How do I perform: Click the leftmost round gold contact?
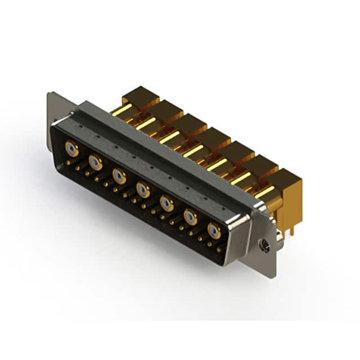71,148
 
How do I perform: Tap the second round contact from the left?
96,163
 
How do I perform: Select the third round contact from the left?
119,176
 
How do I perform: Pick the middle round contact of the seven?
143,190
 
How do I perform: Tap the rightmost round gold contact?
214,230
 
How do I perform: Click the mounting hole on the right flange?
265,246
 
